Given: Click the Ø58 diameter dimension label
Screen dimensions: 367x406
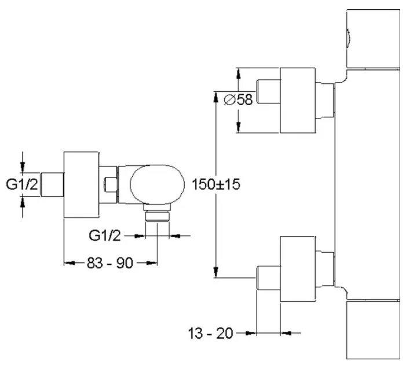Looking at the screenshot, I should (237, 99).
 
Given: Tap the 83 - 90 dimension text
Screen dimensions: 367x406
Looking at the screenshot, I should (109, 263).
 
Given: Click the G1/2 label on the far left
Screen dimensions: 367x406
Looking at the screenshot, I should (23, 184).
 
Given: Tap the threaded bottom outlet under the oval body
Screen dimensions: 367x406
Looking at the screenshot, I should (156, 217).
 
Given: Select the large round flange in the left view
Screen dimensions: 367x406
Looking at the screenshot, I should (81, 185).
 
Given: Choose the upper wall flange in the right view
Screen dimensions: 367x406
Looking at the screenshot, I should (298, 99).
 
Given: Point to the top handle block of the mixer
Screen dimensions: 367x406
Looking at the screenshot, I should (373, 38).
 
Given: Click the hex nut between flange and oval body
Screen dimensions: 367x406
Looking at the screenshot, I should (109, 186).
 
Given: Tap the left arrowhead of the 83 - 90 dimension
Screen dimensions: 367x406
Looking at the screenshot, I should (66, 263).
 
